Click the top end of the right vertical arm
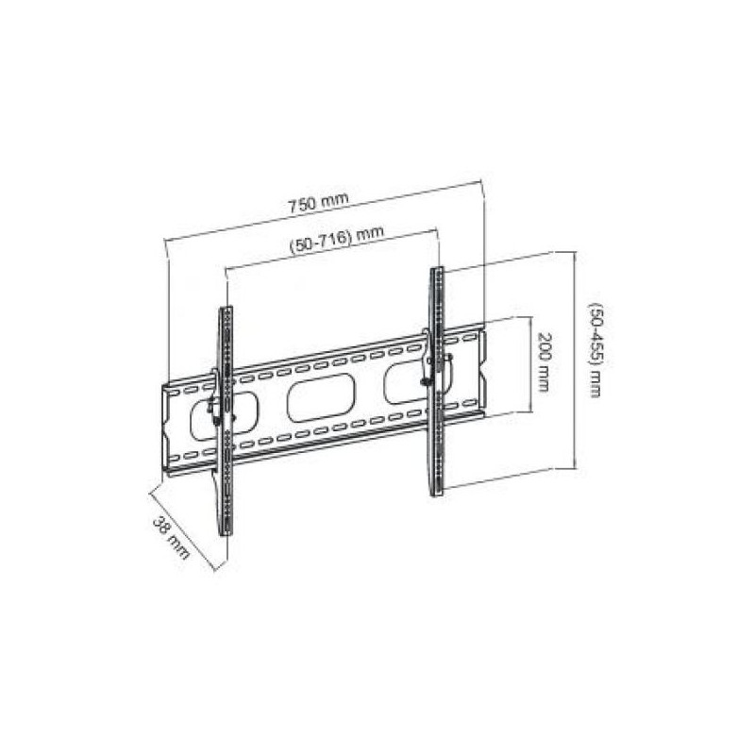[437, 274]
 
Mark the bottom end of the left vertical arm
[226, 530]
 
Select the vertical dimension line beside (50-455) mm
[575, 359]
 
